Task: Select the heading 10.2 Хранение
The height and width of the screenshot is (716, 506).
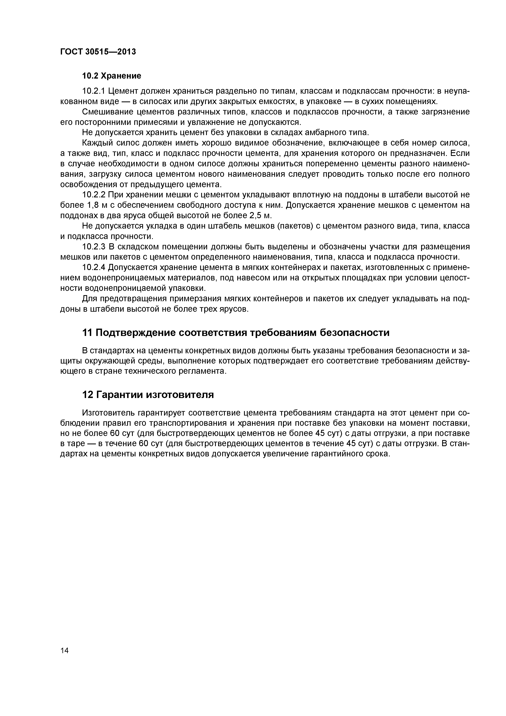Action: pyautogui.click(x=111, y=76)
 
